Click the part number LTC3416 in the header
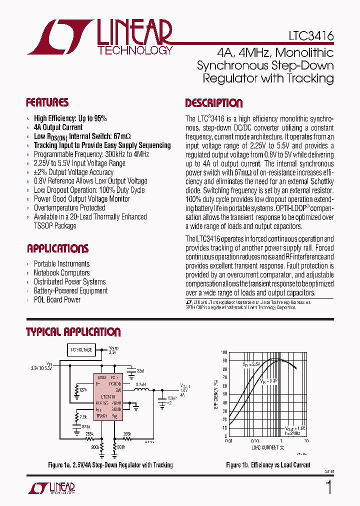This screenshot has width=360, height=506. pyautogui.click(x=310, y=37)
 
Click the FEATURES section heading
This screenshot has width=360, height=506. pyautogui.click(x=47, y=103)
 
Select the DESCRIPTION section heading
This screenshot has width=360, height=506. pyautogui.click(x=213, y=103)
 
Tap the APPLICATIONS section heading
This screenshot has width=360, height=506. pyautogui.click(x=57, y=249)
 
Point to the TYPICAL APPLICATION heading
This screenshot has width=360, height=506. pyautogui.click(x=73, y=332)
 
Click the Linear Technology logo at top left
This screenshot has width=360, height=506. pyautogui.click(x=100, y=37)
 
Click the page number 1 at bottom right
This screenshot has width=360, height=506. pyautogui.click(x=328, y=487)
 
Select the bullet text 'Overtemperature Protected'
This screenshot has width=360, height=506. pyautogui.click(x=69, y=208)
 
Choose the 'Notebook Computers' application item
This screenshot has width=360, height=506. pyautogui.click(x=61, y=273)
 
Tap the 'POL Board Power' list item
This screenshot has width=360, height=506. pyautogui.click(x=57, y=300)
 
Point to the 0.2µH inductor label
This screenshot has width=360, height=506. pyautogui.click(x=140, y=384)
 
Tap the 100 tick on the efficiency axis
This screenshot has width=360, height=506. pyautogui.click(x=224, y=352)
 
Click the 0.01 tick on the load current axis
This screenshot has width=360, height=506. pyautogui.click(x=229, y=441)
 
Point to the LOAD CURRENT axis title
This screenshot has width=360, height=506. pyautogui.click(x=267, y=447)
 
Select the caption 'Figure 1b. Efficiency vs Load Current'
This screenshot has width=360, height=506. pyautogui.click(x=268, y=465)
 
